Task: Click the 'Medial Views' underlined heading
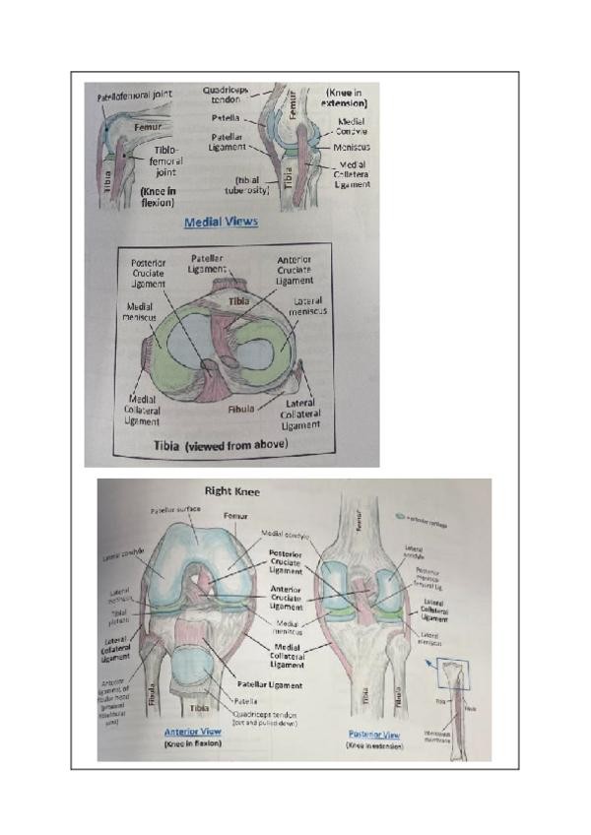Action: [x=221, y=222]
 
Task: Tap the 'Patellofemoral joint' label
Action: [x=135, y=96]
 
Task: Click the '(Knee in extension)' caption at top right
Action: [x=346, y=97]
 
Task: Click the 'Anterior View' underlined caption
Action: [x=193, y=732]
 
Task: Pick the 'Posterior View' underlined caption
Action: [x=374, y=735]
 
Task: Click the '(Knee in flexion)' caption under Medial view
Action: [x=158, y=196]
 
